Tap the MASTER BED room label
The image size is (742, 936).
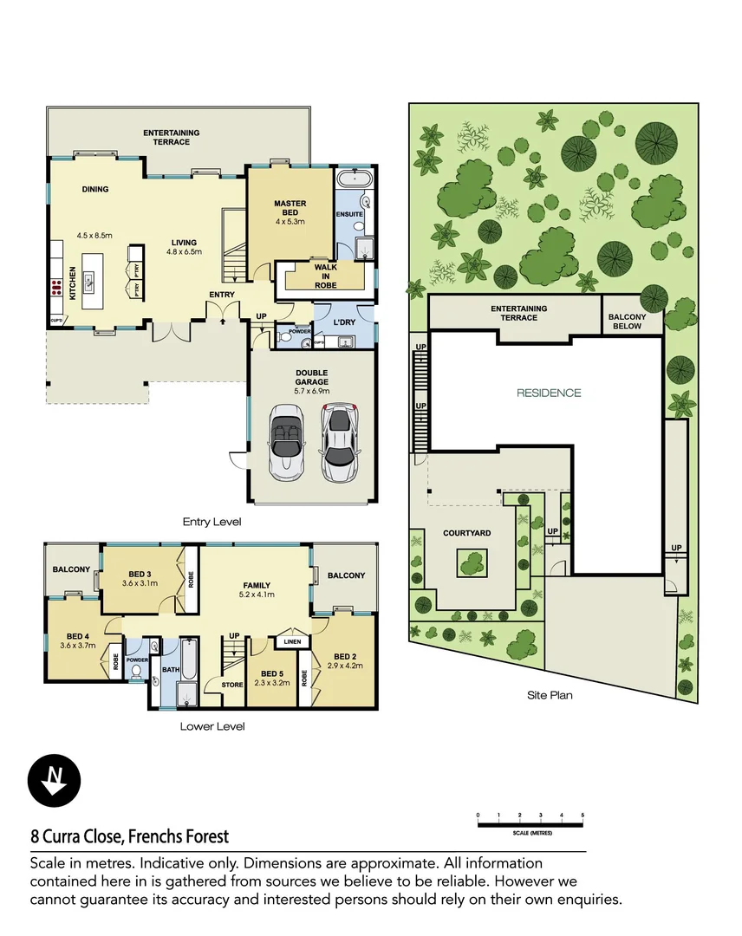tap(290, 209)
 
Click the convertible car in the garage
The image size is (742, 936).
tap(287, 445)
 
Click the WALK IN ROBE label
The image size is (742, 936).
tap(326, 274)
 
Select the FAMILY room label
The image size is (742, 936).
tap(256, 585)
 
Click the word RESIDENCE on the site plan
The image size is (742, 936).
tap(549, 393)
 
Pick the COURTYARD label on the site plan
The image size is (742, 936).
tap(468, 533)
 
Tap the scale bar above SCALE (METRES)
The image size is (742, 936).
tap(530, 822)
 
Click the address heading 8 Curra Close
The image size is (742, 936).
tap(130, 836)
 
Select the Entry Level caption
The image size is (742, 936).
tap(212, 522)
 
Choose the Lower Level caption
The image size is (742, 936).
tap(212, 726)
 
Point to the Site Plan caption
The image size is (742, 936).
tap(550, 694)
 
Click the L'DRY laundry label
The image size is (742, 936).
tap(346, 322)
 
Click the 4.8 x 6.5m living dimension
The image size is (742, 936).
tap(183, 252)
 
